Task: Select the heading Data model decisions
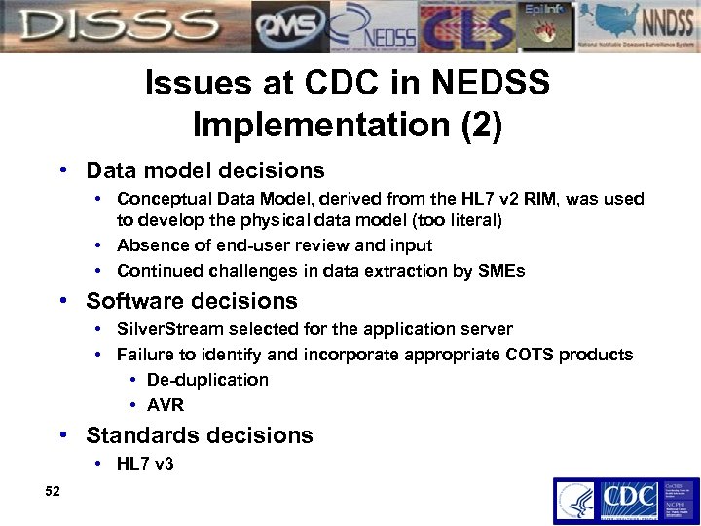pos(204,170)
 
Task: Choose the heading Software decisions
pos(192,301)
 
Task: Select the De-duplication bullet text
pos(207,380)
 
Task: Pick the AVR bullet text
pos(165,405)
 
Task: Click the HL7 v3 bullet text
pos(145,464)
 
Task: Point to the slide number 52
pos(53,492)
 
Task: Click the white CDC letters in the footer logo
pos(628,500)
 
